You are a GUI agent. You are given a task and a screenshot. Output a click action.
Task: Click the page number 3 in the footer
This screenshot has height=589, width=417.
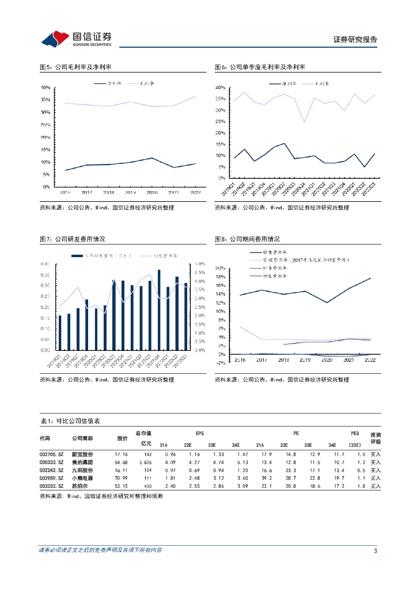[375, 551]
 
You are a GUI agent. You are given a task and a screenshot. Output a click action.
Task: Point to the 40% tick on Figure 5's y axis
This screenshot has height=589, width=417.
[45, 87]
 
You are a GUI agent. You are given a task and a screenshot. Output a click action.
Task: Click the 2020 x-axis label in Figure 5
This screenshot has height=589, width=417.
[151, 192]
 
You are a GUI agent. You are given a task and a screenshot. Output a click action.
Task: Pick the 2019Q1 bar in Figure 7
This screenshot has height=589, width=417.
[59, 332]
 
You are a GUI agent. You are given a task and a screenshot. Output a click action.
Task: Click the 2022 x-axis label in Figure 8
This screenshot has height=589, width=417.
[369, 359]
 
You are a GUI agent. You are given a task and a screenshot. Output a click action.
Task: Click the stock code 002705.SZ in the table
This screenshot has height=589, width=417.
[52, 454]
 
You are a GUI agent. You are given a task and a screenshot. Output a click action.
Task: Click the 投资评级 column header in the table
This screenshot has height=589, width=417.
[376, 438]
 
